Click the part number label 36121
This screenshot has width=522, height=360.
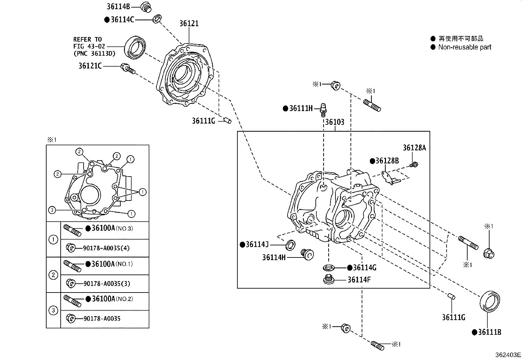click(x=189, y=24)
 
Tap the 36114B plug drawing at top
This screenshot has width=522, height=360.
click(x=146, y=7)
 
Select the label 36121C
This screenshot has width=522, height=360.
click(x=90, y=66)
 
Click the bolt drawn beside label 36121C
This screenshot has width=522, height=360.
click(x=128, y=69)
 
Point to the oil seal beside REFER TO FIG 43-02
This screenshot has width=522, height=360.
click(x=135, y=47)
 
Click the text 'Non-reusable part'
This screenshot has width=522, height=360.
click(x=464, y=47)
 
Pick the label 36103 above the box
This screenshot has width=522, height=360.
click(x=335, y=122)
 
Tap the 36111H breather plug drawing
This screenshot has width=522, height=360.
click(x=323, y=110)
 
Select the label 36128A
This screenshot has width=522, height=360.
click(x=414, y=148)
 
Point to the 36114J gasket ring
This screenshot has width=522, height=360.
click(x=291, y=245)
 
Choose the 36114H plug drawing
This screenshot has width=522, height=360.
click(x=307, y=255)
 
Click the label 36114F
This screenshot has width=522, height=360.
click(x=359, y=280)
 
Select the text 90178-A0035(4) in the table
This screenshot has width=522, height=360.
click(x=106, y=248)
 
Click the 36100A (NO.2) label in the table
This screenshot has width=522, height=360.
click(x=109, y=299)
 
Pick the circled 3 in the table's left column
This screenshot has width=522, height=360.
click(x=53, y=311)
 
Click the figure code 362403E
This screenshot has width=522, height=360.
click(x=508, y=355)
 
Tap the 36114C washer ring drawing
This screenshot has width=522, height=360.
click(x=157, y=19)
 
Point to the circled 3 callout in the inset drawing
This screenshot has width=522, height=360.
click(x=52, y=210)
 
